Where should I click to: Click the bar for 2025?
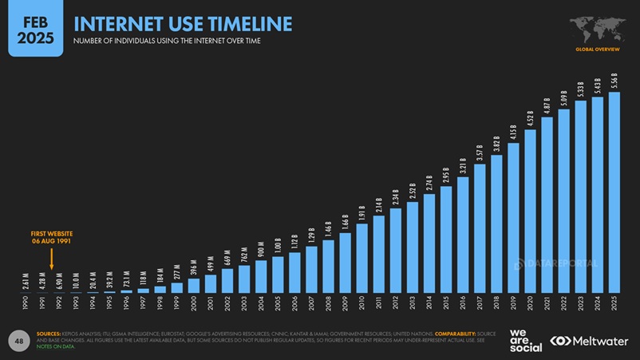(x=614, y=192)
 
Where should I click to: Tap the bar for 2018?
(x=496, y=224)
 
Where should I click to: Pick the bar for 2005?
(x=278, y=274)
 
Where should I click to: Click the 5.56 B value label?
(x=614, y=81)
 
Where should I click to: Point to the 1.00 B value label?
(x=278, y=246)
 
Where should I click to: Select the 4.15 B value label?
(x=513, y=132)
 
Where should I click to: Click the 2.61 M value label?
(x=26, y=279)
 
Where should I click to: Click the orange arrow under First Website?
(x=51, y=259)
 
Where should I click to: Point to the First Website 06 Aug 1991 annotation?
(x=52, y=237)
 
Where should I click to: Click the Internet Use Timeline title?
(x=183, y=23)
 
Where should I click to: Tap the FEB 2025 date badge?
(x=35, y=28)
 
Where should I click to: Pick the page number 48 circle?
(x=19, y=341)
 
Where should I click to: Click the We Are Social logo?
(x=526, y=340)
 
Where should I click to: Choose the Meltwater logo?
(x=588, y=341)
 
